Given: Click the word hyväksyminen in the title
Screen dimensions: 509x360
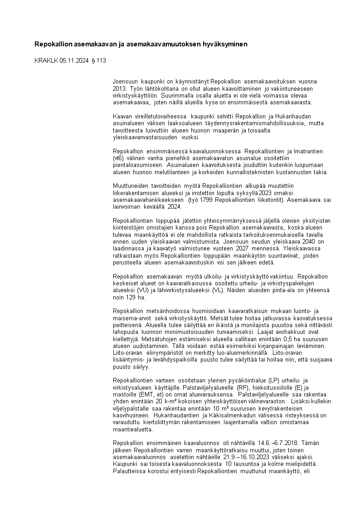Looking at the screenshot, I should pyautogui.click(x=226, y=44).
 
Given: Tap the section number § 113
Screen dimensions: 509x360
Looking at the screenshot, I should pyautogui.click(x=99, y=60).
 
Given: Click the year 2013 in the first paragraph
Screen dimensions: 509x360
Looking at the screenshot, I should pyautogui.click(x=119, y=88).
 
